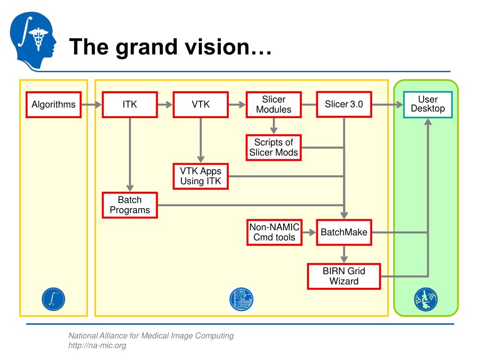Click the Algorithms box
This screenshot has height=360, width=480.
(x=53, y=105)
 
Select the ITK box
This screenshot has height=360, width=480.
(x=130, y=105)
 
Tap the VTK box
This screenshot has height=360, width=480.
(x=201, y=105)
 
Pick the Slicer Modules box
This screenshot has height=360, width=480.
(x=274, y=105)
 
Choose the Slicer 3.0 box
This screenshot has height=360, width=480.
(x=344, y=105)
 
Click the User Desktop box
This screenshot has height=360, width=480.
(x=427, y=105)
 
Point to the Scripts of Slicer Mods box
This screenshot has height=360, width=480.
(x=274, y=148)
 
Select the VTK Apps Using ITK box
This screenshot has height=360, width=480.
(x=201, y=176)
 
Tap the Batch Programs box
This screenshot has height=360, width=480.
(x=130, y=205)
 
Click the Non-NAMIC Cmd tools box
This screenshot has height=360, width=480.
(x=274, y=232)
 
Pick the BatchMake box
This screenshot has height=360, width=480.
(x=344, y=232)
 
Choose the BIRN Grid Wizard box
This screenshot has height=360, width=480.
(x=344, y=276)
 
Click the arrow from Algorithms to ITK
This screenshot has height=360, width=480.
(x=91, y=105)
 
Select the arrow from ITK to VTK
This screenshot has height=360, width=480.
(x=165, y=105)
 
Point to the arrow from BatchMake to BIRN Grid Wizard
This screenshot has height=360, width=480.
(x=344, y=255)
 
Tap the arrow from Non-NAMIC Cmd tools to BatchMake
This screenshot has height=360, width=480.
(x=309, y=232)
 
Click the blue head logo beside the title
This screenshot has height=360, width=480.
(x=33, y=41)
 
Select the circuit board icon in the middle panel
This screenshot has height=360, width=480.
(x=241, y=300)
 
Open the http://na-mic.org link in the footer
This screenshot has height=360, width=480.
(x=97, y=345)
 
